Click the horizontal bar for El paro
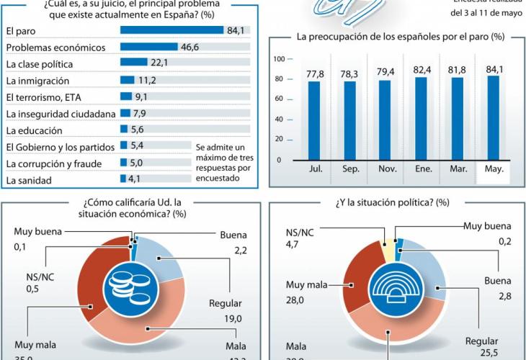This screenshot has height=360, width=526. (x=171, y=30)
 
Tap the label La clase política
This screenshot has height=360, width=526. (x=39, y=63)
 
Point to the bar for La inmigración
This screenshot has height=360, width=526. (x=128, y=80)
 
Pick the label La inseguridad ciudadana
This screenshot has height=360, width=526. (x=60, y=114)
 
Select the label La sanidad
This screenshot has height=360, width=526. (x=29, y=179)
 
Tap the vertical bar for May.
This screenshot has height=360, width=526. (x=492, y=118)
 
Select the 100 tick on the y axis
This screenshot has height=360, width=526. (x=282, y=59)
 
